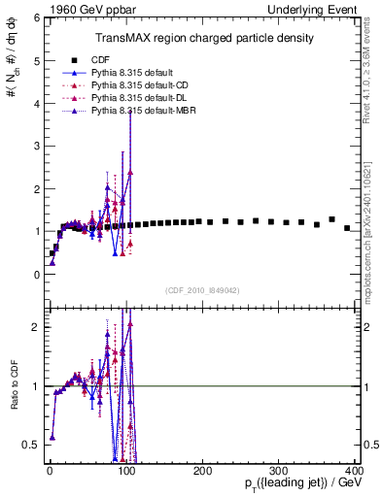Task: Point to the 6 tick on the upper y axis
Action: (34, 18)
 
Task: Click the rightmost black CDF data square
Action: (347, 228)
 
